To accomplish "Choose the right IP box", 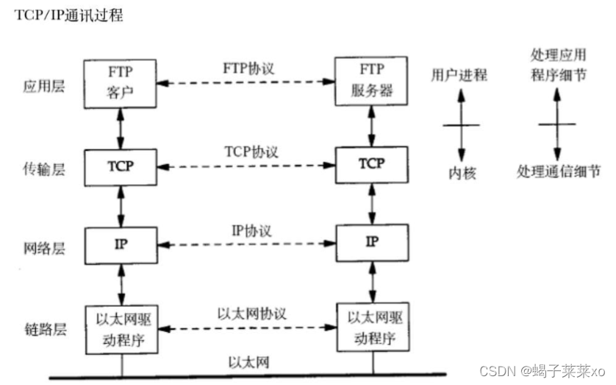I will coord(370,244).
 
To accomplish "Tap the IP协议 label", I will coord(248,230).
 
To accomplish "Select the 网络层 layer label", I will coord(43,248).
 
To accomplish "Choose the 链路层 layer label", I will coord(43,329).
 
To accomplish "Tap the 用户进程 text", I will coord(459,76).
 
